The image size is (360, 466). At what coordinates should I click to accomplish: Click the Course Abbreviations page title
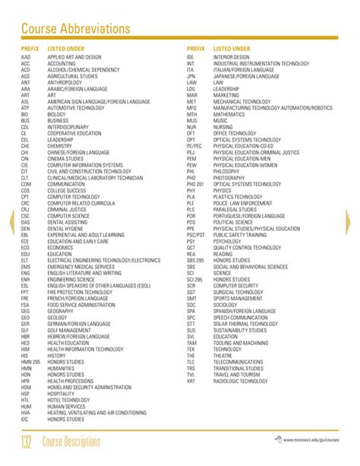76,28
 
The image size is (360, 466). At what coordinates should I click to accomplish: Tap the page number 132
30,442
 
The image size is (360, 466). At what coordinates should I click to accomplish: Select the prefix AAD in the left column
26,57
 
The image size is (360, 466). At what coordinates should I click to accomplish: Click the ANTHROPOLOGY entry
65,82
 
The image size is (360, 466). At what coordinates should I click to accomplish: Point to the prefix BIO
25,114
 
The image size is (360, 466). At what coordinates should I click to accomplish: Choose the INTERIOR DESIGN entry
232,57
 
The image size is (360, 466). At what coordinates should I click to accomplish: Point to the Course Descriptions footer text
81,442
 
